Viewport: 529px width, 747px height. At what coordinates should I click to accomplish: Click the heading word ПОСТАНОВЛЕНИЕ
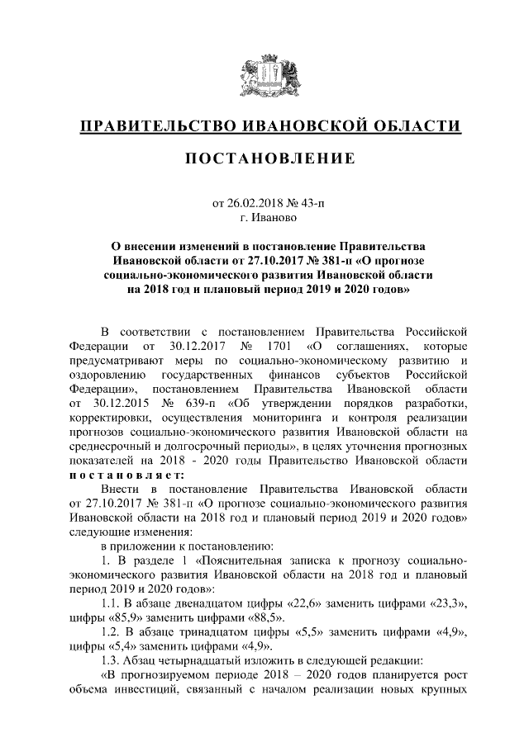tap(264, 158)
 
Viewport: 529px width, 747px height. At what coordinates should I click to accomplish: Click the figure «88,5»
tap(264, 618)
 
